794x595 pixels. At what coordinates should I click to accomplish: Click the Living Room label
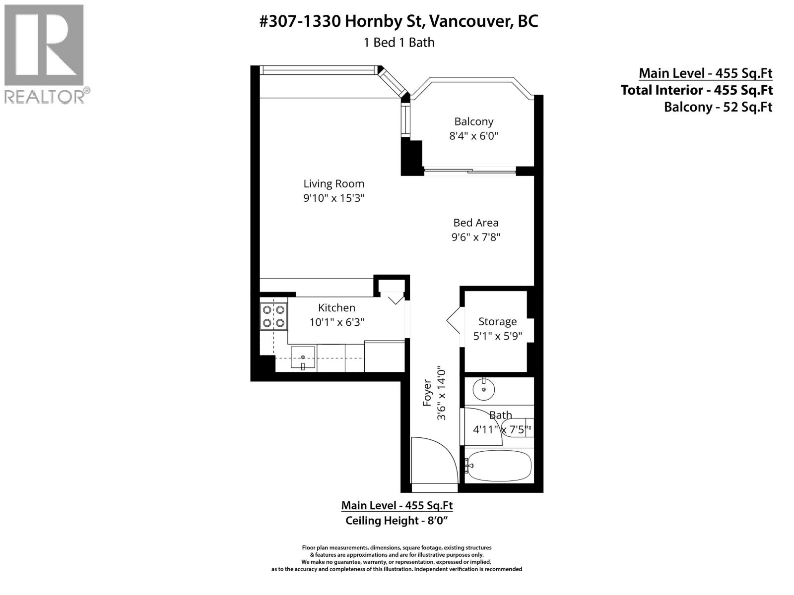333,184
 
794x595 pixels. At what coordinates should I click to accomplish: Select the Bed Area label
475,223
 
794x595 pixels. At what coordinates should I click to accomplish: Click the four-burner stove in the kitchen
273,316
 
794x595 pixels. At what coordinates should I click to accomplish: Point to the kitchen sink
303,358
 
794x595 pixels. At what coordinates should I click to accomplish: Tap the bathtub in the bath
499,466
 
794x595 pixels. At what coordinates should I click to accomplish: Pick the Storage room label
497,322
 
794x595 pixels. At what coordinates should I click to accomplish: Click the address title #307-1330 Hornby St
398,21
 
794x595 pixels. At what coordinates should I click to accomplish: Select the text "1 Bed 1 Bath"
398,43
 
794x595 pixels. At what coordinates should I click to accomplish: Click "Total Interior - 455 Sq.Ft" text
696,90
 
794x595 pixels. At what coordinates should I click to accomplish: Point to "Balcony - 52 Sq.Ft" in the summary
718,107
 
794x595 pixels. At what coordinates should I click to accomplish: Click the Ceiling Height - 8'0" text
397,521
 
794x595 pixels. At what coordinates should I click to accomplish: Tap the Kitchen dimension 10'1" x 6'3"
336,322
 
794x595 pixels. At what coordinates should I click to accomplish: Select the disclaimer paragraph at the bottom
397,558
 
